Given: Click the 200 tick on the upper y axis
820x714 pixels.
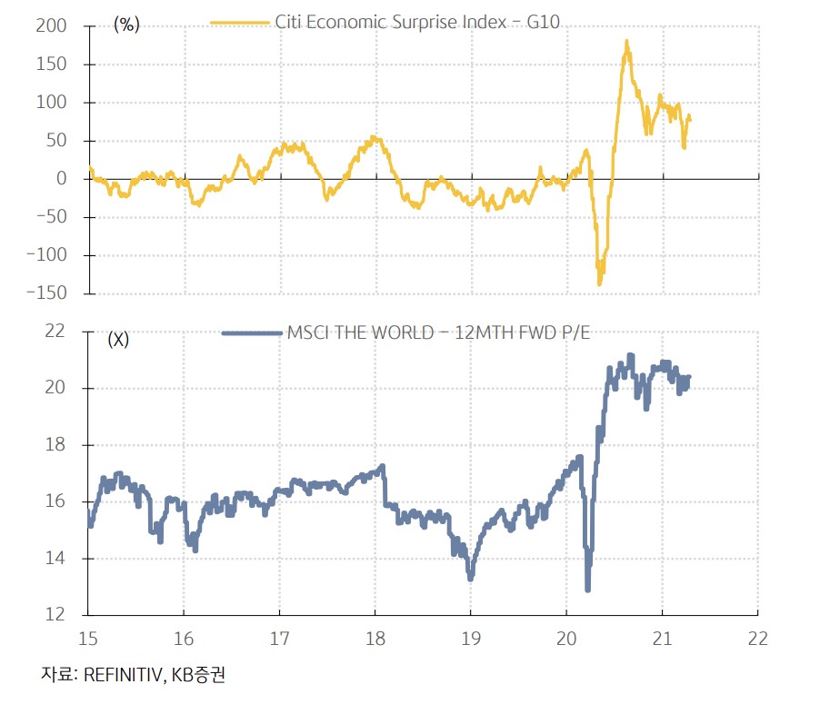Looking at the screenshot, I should point(53,26).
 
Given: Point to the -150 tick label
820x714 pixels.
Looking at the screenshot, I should point(47,293).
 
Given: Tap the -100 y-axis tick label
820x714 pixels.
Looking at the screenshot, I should point(47,255).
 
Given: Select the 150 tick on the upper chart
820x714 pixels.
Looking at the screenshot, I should point(53,64).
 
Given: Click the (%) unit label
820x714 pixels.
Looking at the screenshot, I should point(126,25).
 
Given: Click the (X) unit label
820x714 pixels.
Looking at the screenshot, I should point(118,341).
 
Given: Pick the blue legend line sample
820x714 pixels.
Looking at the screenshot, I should point(251,333).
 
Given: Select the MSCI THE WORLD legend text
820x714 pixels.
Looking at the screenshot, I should point(360,333).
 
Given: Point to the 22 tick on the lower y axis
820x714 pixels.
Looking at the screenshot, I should point(56,331).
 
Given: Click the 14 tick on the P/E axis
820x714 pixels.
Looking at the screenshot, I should point(56,559).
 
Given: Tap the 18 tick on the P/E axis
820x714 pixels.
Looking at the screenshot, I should point(56,445).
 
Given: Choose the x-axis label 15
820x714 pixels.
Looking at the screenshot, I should point(88,638).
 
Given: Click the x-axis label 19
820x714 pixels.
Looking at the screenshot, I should point(470,638).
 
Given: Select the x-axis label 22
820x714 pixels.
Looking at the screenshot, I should point(757,638).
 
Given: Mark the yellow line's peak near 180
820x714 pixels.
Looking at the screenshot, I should point(626,41).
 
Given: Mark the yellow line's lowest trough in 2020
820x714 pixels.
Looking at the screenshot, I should point(599,283).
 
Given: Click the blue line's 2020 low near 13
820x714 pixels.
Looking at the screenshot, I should point(588,590).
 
